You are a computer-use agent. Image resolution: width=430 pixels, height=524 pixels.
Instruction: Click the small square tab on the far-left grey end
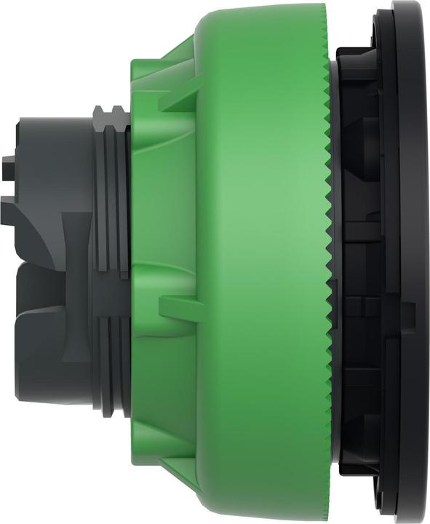(7, 162)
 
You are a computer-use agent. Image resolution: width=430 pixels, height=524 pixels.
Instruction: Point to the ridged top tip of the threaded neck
(109, 111)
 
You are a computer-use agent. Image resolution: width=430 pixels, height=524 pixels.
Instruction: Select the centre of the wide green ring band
(262, 262)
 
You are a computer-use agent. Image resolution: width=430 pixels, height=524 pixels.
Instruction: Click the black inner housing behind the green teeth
(360, 262)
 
